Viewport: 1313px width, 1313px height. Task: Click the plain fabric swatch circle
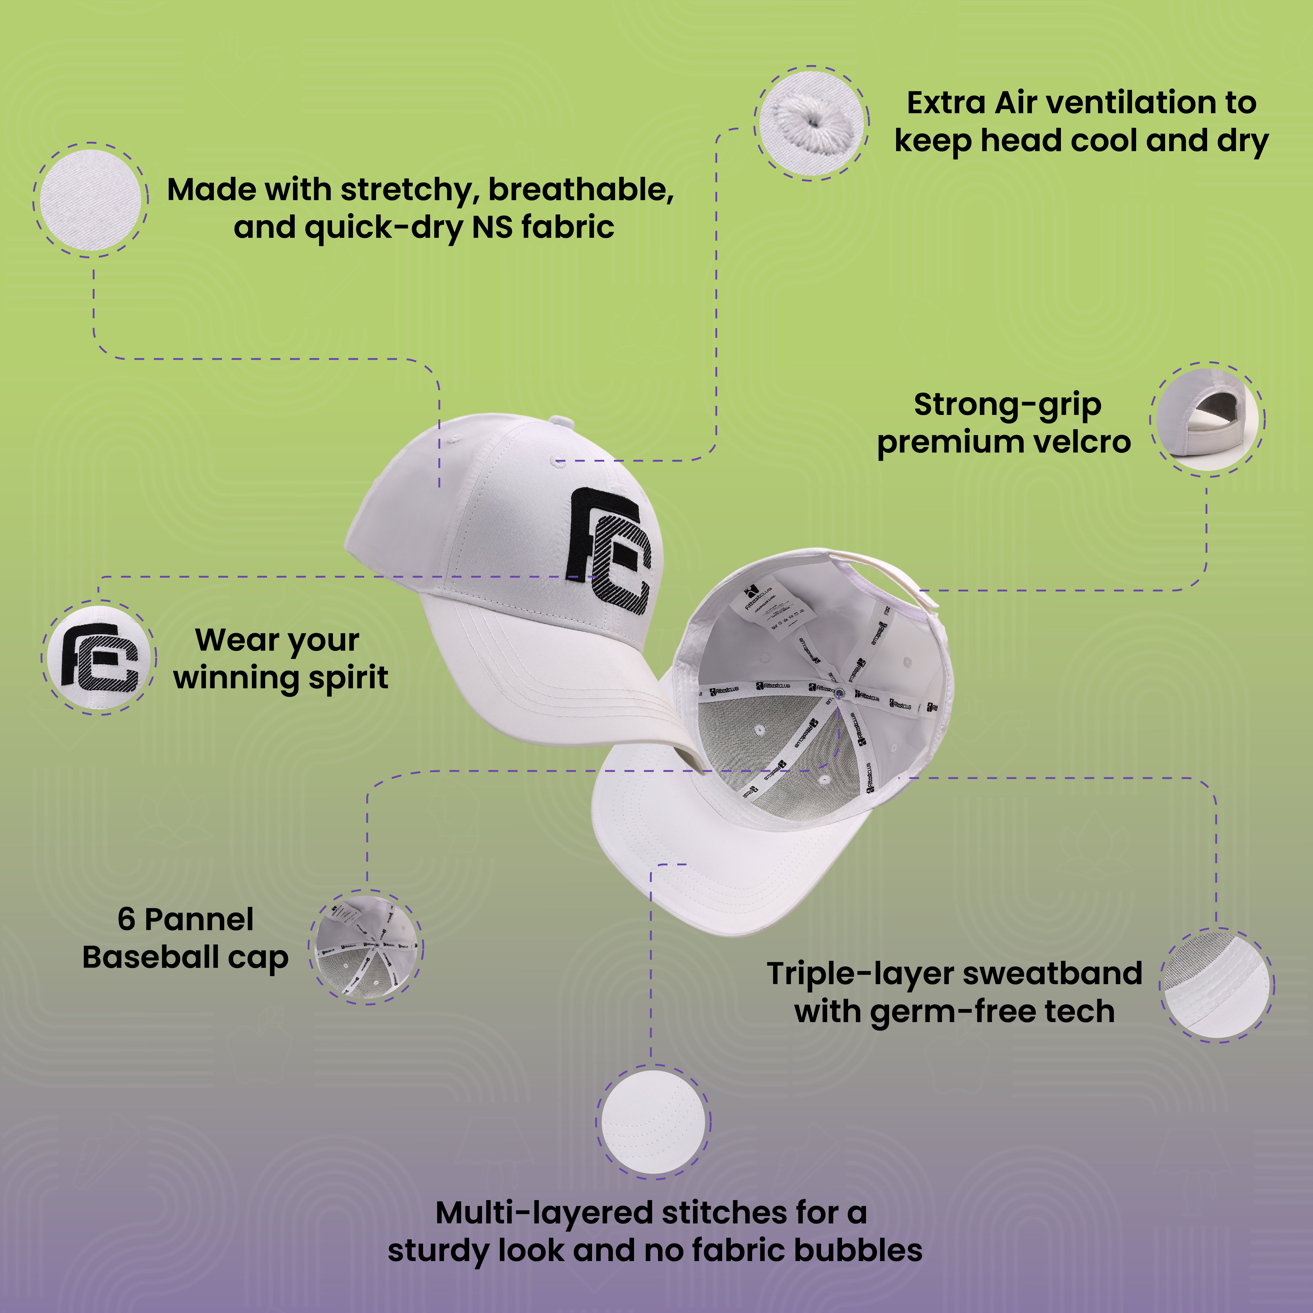(x=90, y=200)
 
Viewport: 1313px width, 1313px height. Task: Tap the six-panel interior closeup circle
(x=366, y=947)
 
